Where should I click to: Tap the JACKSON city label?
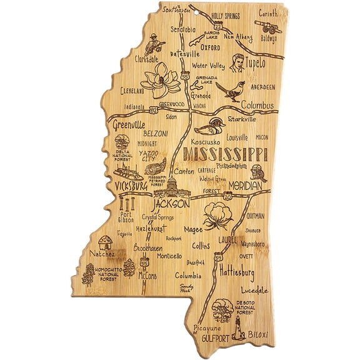click(x=170, y=204)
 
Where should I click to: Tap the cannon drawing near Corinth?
click(x=269, y=27)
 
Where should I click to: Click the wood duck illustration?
click(x=208, y=127)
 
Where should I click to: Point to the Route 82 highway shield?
click(x=154, y=110)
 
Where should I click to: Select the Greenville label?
click(x=130, y=124)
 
